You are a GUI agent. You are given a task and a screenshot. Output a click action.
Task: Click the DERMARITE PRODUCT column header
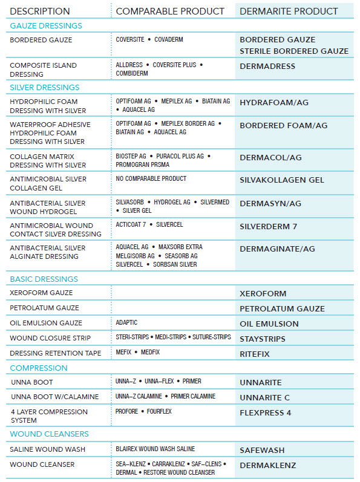click(x=289, y=11)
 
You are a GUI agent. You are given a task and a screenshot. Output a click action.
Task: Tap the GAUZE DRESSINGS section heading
click(x=46, y=26)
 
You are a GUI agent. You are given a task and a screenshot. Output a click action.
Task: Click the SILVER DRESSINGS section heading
click(x=45, y=88)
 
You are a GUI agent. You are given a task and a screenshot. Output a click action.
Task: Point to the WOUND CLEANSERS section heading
click(x=49, y=434)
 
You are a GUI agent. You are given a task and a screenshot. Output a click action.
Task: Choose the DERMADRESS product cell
click(x=267, y=66)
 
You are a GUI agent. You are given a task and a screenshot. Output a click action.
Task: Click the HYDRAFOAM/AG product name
click(x=274, y=103)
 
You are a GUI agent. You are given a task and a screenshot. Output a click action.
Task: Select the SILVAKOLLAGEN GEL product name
click(x=281, y=180)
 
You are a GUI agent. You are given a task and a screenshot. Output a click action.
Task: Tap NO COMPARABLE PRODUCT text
click(x=151, y=179)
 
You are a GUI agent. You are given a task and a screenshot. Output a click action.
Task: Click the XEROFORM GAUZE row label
click(x=41, y=293)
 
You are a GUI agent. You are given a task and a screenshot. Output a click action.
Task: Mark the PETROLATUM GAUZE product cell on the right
click(x=282, y=309)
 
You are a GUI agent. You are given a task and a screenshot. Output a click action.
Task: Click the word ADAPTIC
click(x=127, y=323)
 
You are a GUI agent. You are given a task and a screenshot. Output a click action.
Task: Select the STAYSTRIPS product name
click(x=263, y=339)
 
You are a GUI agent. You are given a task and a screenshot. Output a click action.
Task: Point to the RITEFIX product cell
click(x=255, y=354)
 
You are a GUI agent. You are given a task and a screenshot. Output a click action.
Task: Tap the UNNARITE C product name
click(x=264, y=397)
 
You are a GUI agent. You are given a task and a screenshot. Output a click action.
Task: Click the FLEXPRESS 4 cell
click(x=266, y=413)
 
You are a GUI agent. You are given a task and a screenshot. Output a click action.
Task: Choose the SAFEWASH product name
click(x=262, y=451)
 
